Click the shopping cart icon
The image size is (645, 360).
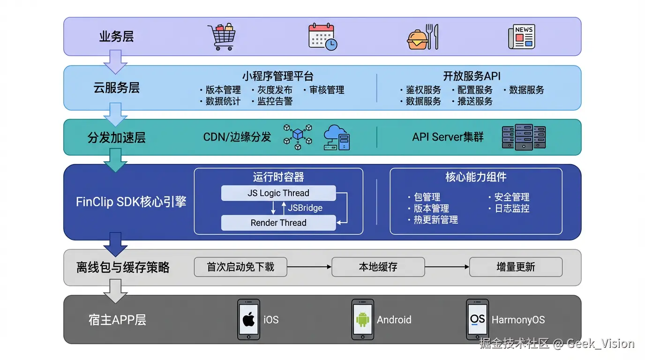(x=221, y=37)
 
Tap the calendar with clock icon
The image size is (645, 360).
(x=322, y=37)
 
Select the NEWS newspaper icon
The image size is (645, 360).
(x=522, y=37)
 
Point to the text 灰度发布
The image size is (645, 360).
(x=275, y=90)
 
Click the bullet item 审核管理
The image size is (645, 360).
(x=327, y=90)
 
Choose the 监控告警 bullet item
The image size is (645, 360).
(x=275, y=101)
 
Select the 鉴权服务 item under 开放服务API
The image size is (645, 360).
(x=423, y=90)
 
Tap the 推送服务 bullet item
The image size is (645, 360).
(x=475, y=101)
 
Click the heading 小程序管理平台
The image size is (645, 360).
(x=278, y=76)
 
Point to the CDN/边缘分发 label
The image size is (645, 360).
(x=237, y=137)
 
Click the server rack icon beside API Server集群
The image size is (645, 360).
(x=524, y=137)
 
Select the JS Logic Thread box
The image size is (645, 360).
(x=278, y=193)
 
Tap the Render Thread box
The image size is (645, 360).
(x=278, y=223)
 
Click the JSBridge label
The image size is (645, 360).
(x=305, y=208)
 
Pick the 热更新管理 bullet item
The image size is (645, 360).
(x=435, y=220)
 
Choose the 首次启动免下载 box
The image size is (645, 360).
(x=240, y=267)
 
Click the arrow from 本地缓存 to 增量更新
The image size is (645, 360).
(x=447, y=267)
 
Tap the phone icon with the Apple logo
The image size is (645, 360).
(x=248, y=320)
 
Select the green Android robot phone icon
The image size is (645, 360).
(x=363, y=320)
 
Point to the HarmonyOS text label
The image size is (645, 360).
(x=518, y=320)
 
